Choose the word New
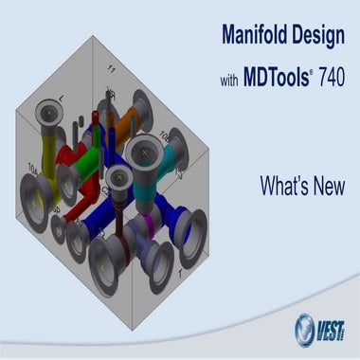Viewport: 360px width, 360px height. [x=327, y=187]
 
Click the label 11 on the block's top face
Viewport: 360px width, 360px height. [x=111, y=68]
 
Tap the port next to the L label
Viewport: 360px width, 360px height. [x=45, y=115]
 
